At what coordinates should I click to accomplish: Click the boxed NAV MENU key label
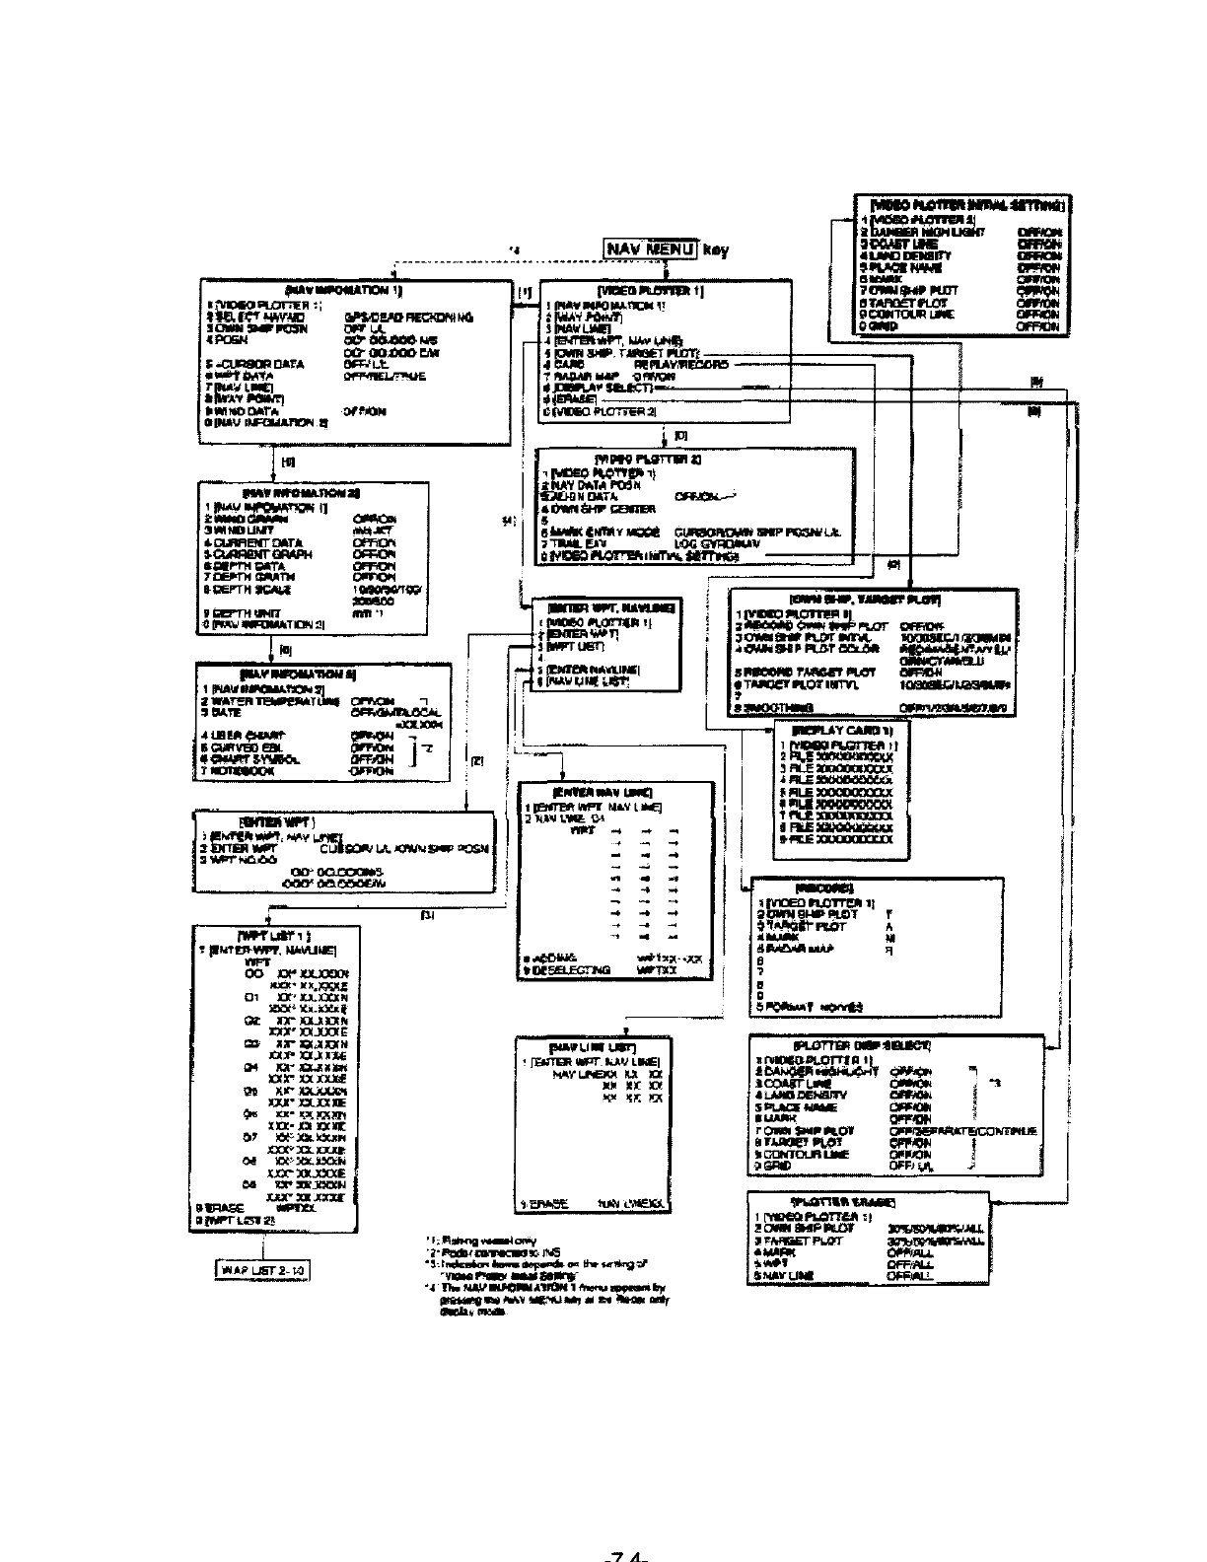pyautogui.click(x=651, y=248)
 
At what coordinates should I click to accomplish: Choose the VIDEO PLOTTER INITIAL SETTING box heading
pyautogui.click(x=961, y=206)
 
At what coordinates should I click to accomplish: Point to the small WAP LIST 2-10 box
pyautogui.click(x=263, y=1270)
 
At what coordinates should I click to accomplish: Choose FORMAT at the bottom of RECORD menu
pyautogui.click(x=789, y=1007)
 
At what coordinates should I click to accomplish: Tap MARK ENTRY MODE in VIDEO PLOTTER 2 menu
pyautogui.click(x=603, y=532)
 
